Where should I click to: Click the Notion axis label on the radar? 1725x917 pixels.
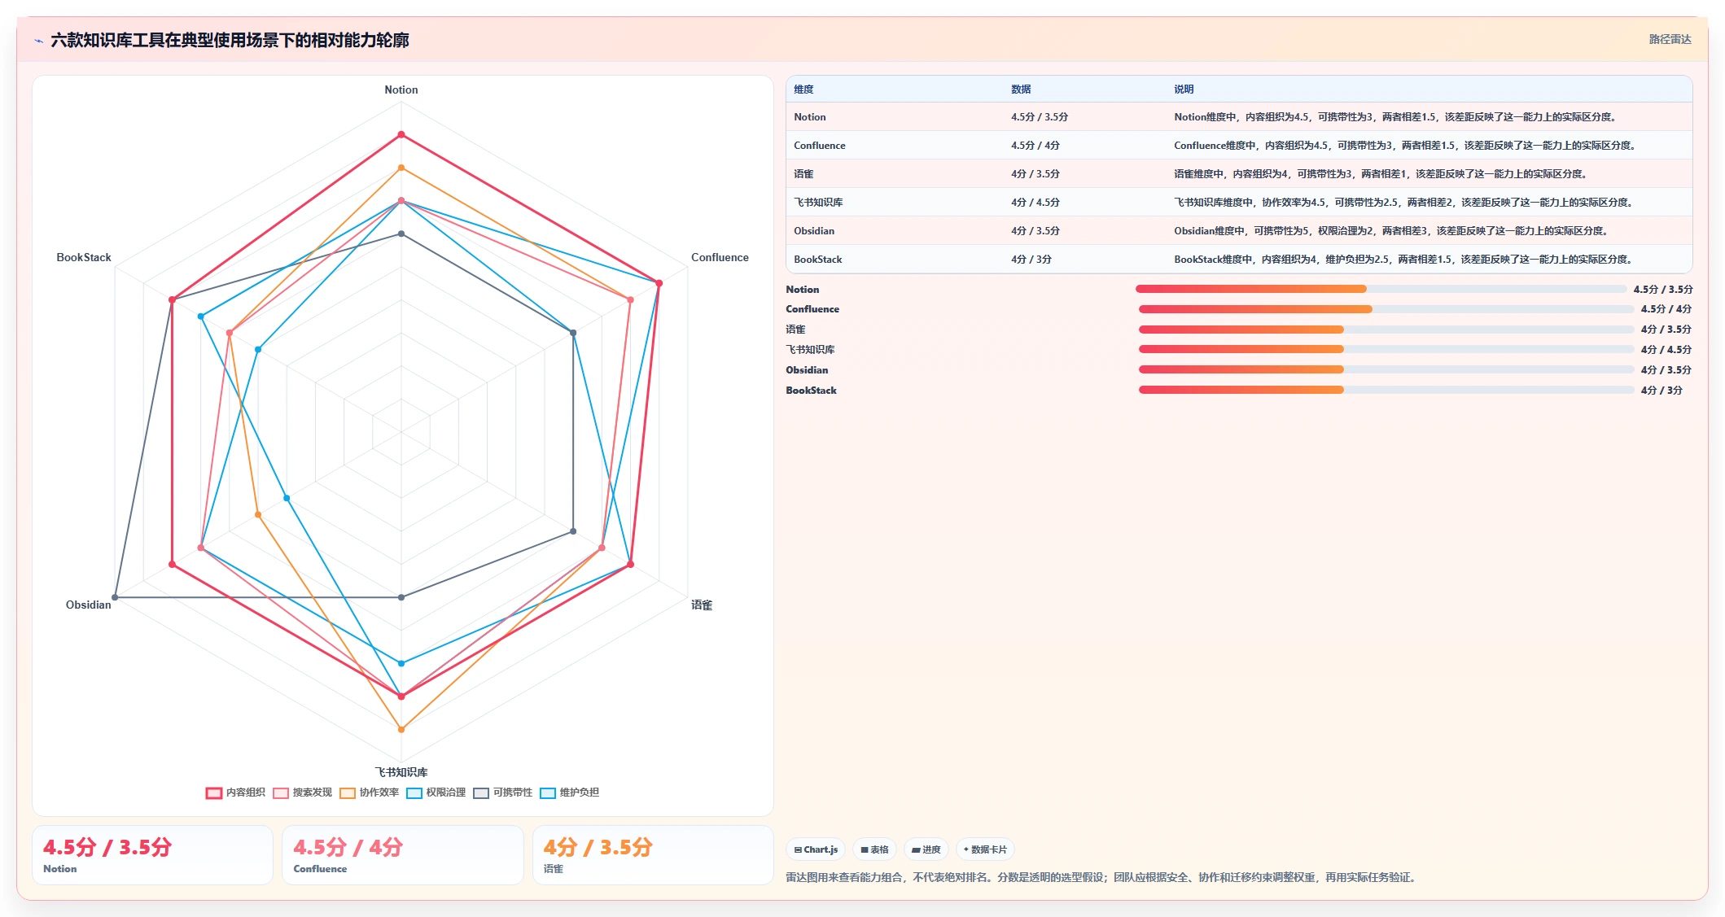coord(401,90)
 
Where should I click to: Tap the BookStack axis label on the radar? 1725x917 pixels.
coord(84,257)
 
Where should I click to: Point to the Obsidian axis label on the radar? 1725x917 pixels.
coord(88,605)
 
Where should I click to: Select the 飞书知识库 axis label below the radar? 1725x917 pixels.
coord(401,772)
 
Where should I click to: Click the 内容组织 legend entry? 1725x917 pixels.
coord(235,793)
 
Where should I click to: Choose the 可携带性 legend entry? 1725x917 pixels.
coord(502,793)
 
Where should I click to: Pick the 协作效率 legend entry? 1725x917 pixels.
coord(369,793)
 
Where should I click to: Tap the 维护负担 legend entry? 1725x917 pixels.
coord(569,793)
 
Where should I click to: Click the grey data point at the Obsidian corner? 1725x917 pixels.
coord(115,597)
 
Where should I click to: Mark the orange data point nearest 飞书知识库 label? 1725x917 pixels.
coord(401,729)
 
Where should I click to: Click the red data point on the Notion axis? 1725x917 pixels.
coord(401,134)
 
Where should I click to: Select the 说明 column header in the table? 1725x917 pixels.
coord(1184,90)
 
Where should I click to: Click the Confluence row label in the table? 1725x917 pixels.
coord(820,146)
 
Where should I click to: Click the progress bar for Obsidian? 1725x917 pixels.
coord(1386,369)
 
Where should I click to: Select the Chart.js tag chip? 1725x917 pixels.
coord(816,849)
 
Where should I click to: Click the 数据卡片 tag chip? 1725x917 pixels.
coord(985,849)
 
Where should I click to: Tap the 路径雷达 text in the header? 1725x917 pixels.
coord(1670,39)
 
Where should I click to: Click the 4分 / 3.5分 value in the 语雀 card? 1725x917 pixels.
coord(598,847)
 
